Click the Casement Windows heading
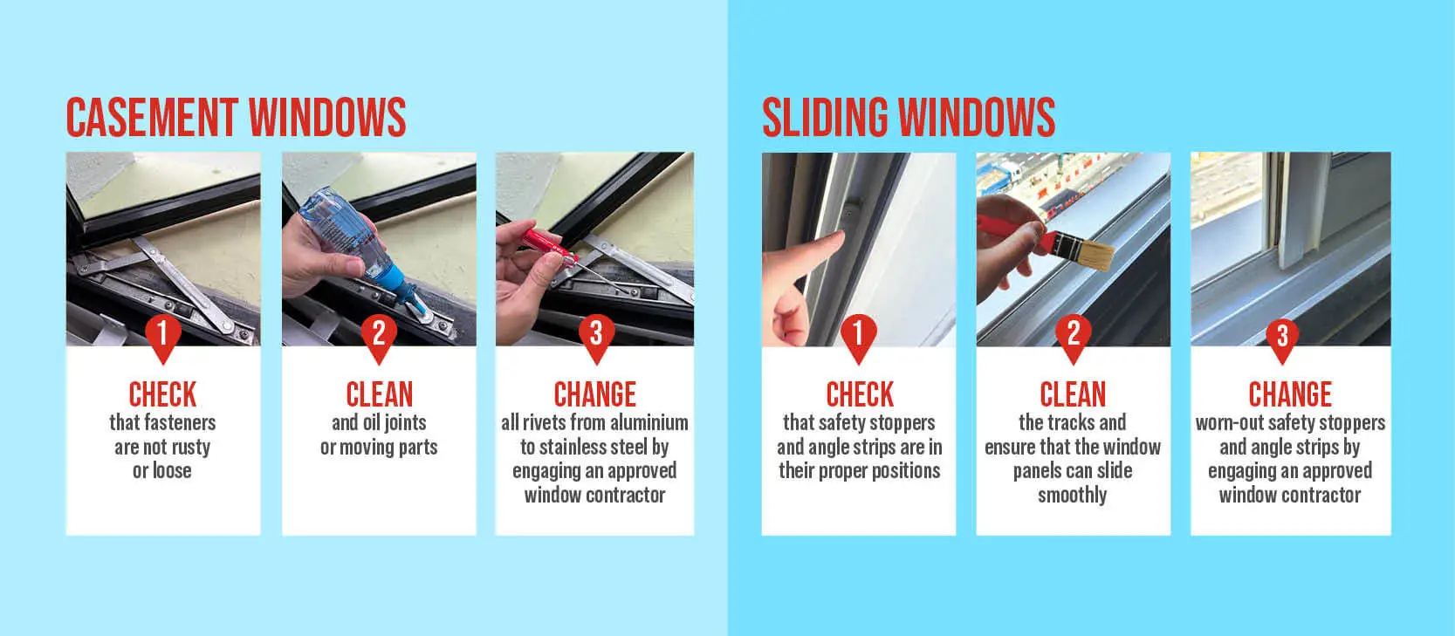tap(236, 118)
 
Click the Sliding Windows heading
tap(909, 118)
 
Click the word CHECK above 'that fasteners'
tap(162, 394)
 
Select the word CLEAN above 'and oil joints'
tap(380, 394)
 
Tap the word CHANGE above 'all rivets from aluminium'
tap(595, 394)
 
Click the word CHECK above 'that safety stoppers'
tap(860, 394)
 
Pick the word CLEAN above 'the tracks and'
tap(1073, 394)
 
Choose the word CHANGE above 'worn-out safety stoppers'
tap(1290, 394)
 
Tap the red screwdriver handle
tap(549, 244)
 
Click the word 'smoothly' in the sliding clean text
tap(1073, 496)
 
